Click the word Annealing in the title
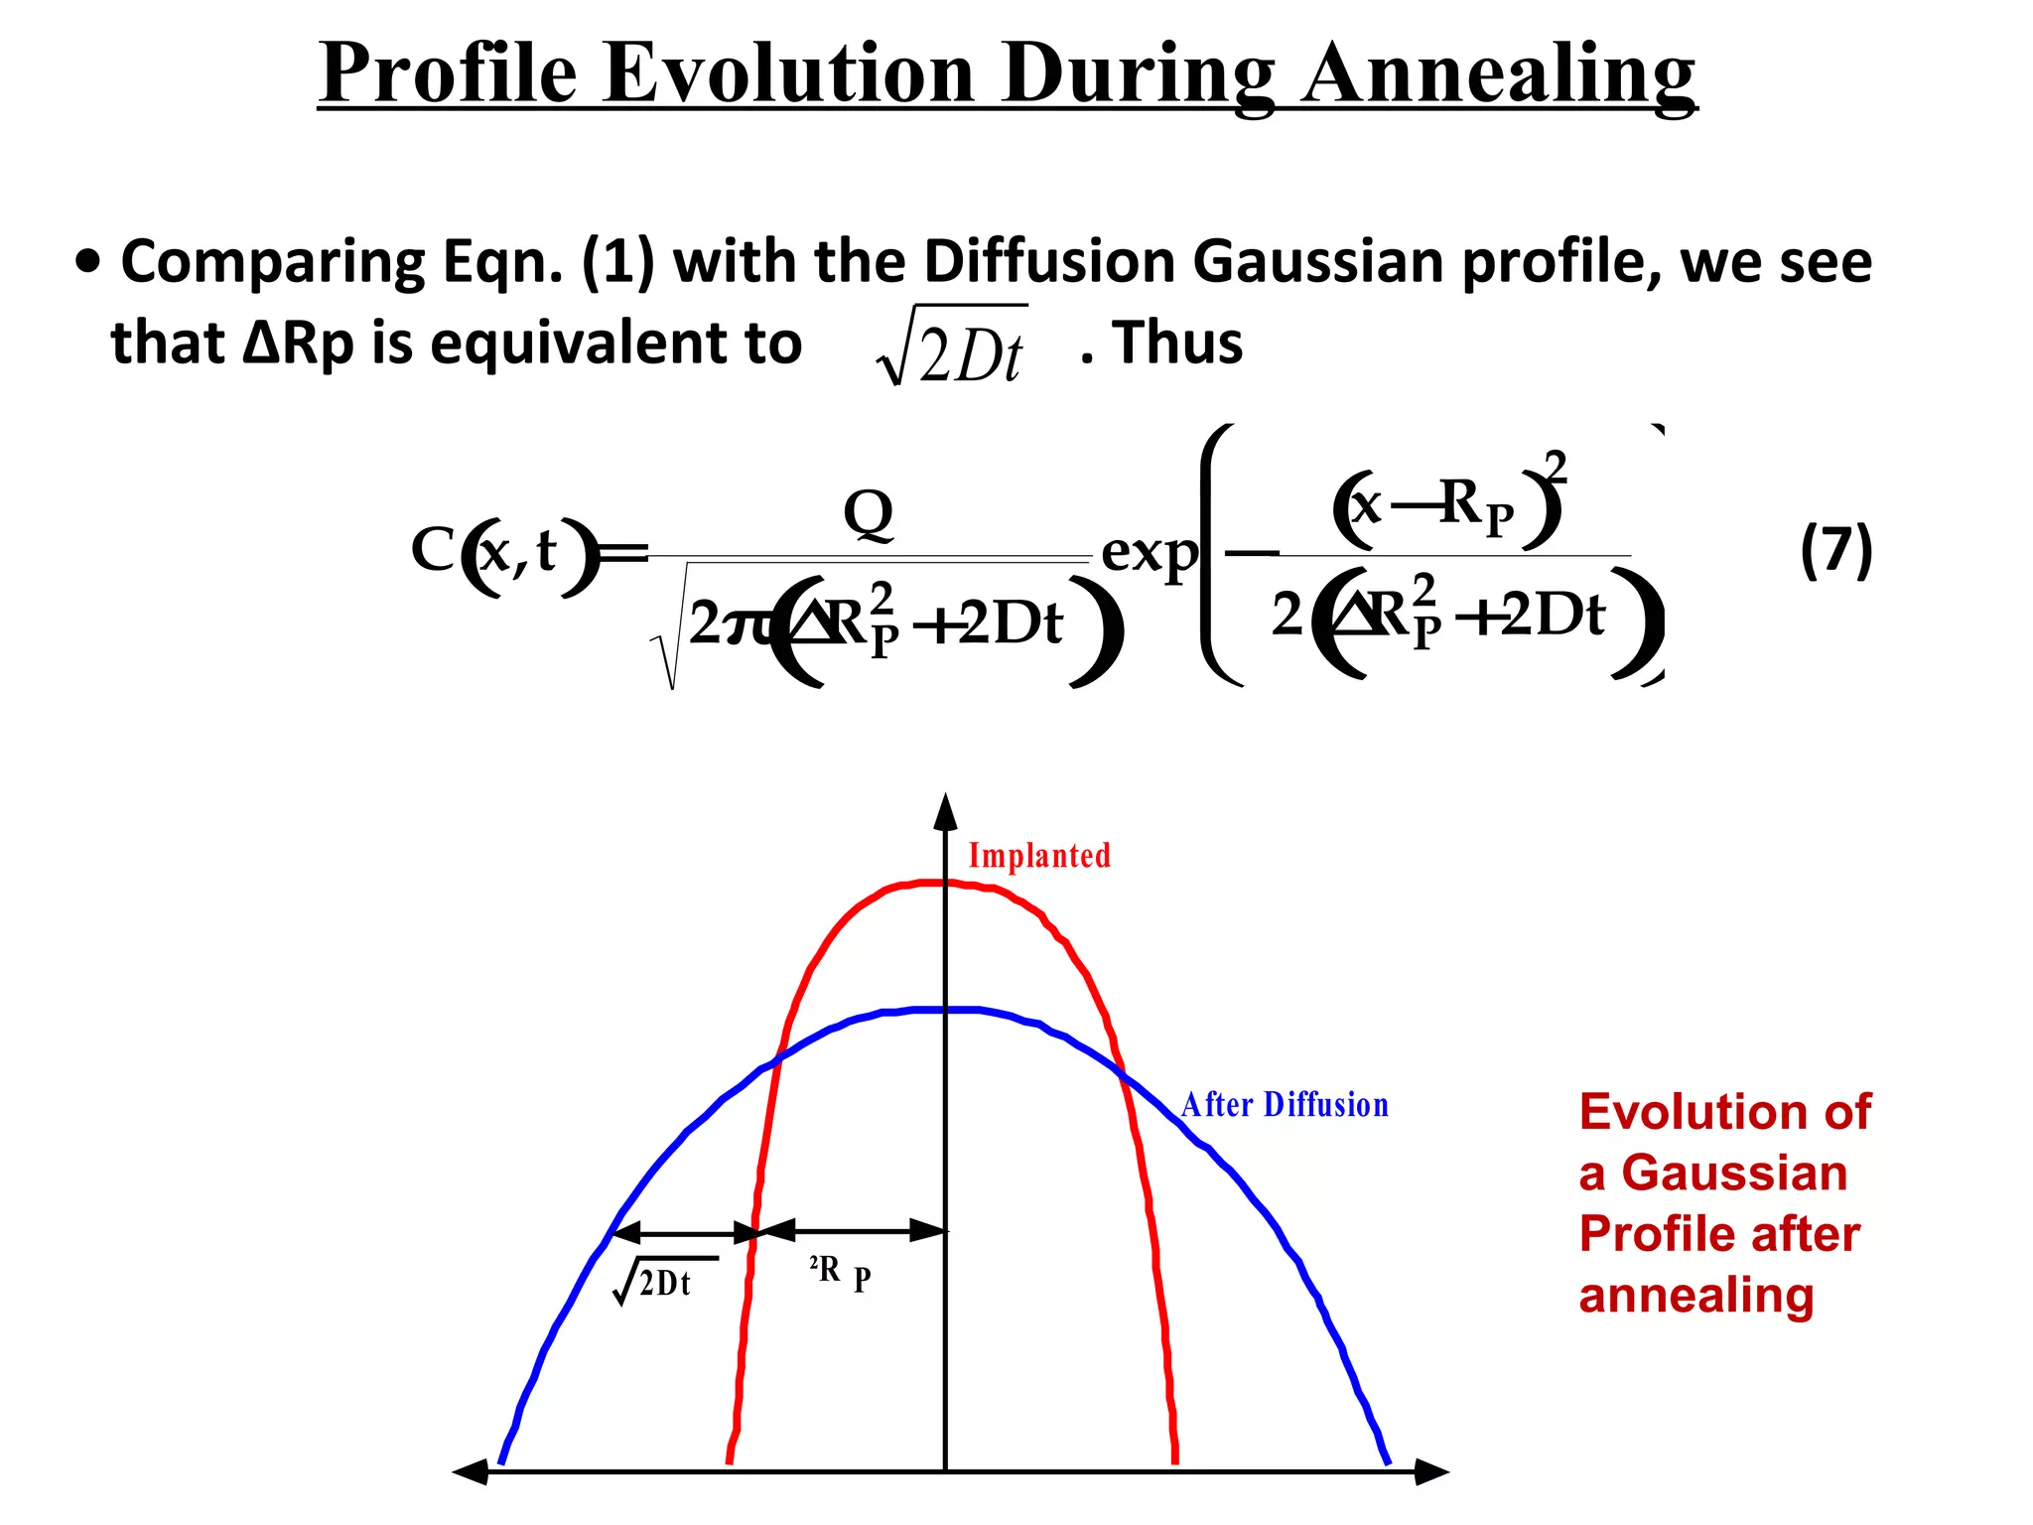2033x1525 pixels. [x=1499, y=74]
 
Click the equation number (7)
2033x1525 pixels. [x=1835, y=551]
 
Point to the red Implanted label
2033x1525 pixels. [x=1039, y=856]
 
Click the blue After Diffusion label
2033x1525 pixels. [x=1285, y=1105]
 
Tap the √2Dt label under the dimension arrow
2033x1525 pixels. [x=655, y=1283]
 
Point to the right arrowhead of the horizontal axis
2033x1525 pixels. [x=1431, y=1471]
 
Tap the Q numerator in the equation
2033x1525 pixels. [x=868, y=514]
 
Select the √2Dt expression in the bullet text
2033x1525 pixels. [x=953, y=347]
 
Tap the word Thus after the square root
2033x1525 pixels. [x=1177, y=344]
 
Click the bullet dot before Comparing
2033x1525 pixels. [x=88, y=262]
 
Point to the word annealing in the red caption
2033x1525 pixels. [x=1695, y=1296]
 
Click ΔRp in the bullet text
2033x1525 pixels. [x=298, y=344]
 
